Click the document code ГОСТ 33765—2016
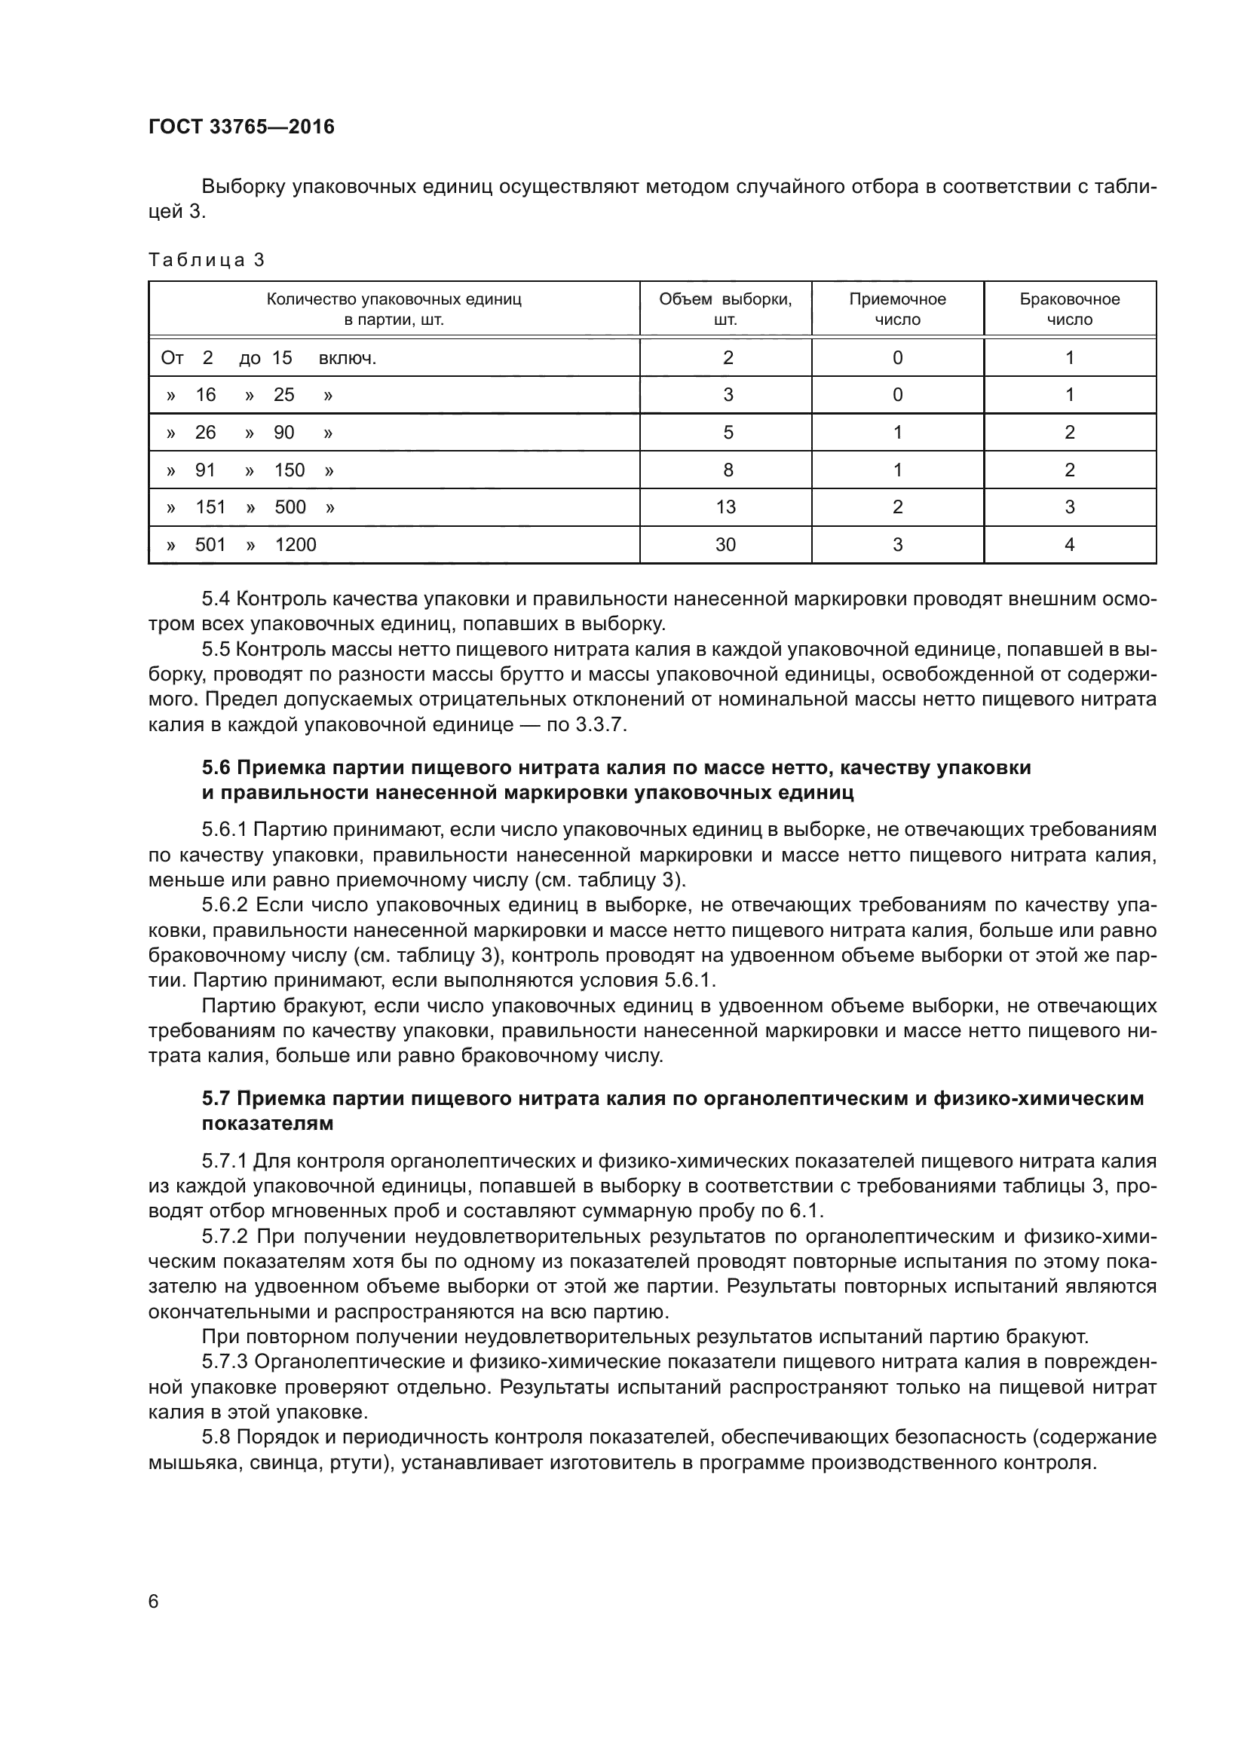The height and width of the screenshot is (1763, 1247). [241, 127]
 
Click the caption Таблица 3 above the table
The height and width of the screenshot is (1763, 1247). [206, 260]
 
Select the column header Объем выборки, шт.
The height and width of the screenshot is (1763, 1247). [725, 309]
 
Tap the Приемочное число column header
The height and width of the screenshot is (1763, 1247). [897, 309]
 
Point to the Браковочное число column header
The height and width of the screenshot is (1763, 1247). [1069, 309]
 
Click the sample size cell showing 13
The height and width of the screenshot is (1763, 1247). [725, 507]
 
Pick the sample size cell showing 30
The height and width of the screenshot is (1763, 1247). [725, 544]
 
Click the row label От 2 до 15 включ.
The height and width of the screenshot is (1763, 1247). [268, 358]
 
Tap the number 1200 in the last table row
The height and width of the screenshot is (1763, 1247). [296, 544]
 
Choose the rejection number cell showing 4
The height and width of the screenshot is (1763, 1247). [1069, 544]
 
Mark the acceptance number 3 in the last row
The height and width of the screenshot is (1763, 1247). [897, 544]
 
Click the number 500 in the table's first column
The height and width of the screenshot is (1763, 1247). [290, 507]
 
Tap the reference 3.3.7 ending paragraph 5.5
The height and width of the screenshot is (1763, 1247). [600, 725]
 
